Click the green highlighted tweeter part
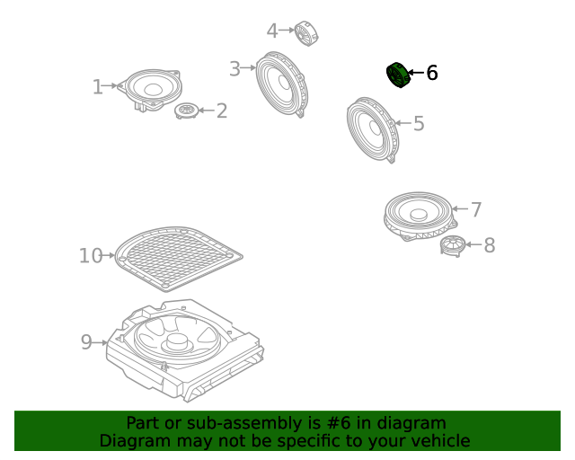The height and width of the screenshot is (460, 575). pyautogui.click(x=398, y=75)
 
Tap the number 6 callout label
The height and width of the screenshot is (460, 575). pyautogui.click(x=432, y=73)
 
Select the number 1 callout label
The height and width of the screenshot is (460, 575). pyautogui.click(x=97, y=87)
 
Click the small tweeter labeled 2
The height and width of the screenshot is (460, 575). pyautogui.click(x=186, y=111)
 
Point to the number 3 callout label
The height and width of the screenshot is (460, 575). pyautogui.click(x=234, y=68)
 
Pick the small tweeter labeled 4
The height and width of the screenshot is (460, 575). pyautogui.click(x=306, y=33)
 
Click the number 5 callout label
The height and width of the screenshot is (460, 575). pyautogui.click(x=419, y=123)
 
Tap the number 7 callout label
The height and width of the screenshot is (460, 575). pyautogui.click(x=476, y=210)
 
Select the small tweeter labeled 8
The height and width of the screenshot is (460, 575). pyautogui.click(x=453, y=245)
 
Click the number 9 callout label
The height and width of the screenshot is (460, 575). pyautogui.click(x=86, y=342)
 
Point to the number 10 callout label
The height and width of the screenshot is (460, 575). pyautogui.click(x=91, y=256)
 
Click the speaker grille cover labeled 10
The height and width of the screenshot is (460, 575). pyautogui.click(x=179, y=259)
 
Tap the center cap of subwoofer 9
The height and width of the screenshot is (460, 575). pyautogui.click(x=179, y=341)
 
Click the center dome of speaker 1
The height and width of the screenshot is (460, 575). pyautogui.click(x=153, y=89)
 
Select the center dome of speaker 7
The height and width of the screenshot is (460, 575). pyautogui.click(x=419, y=214)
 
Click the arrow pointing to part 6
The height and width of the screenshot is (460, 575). pyautogui.click(x=416, y=73)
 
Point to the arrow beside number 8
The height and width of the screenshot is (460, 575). pyautogui.click(x=473, y=244)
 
